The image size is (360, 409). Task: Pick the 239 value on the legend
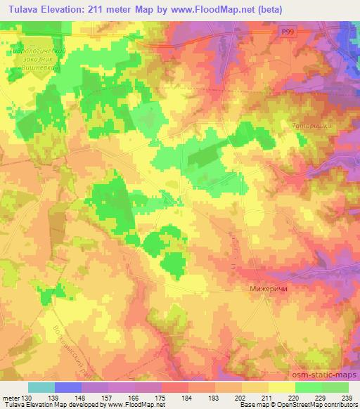pyautogui.click(x=346, y=398)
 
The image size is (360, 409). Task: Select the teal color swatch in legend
pyautogui.click(x=41, y=387)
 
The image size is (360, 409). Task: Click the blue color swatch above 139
pyautogui.click(x=68, y=387)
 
